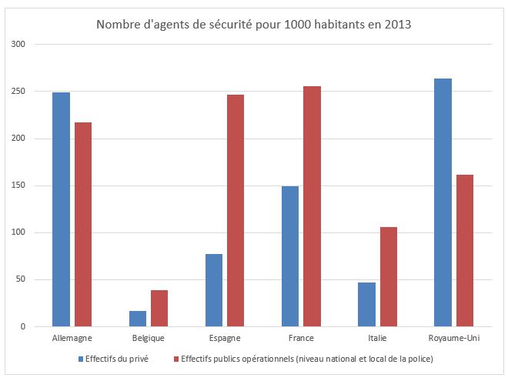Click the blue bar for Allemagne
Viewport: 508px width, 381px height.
coord(61,209)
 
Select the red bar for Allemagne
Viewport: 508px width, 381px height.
coord(82,224)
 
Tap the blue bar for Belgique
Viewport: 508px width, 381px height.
coord(138,319)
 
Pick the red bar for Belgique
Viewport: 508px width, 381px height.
coord(159,309)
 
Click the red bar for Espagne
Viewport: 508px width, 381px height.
coord(236,211)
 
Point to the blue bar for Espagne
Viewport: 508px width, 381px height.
coord(214,290)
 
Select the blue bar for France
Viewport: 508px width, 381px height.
coord(290,256)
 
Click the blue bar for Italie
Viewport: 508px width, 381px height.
coord(366,305)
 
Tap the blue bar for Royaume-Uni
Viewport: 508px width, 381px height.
coord(443,202)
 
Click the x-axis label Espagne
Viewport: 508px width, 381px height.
coord(225,339)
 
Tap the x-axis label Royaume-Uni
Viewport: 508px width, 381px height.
coord(453,339)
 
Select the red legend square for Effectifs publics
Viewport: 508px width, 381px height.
coord(175,359)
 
